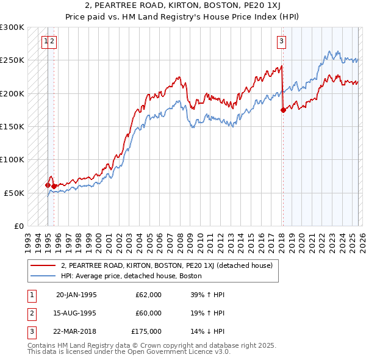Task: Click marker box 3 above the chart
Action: coord(281,41)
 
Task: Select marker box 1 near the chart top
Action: coord(46,41)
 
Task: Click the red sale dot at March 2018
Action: coord(283,110)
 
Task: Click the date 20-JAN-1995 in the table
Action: coord(76,295)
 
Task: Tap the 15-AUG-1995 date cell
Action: coord(76,313)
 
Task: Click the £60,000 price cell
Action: coord(148,313)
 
